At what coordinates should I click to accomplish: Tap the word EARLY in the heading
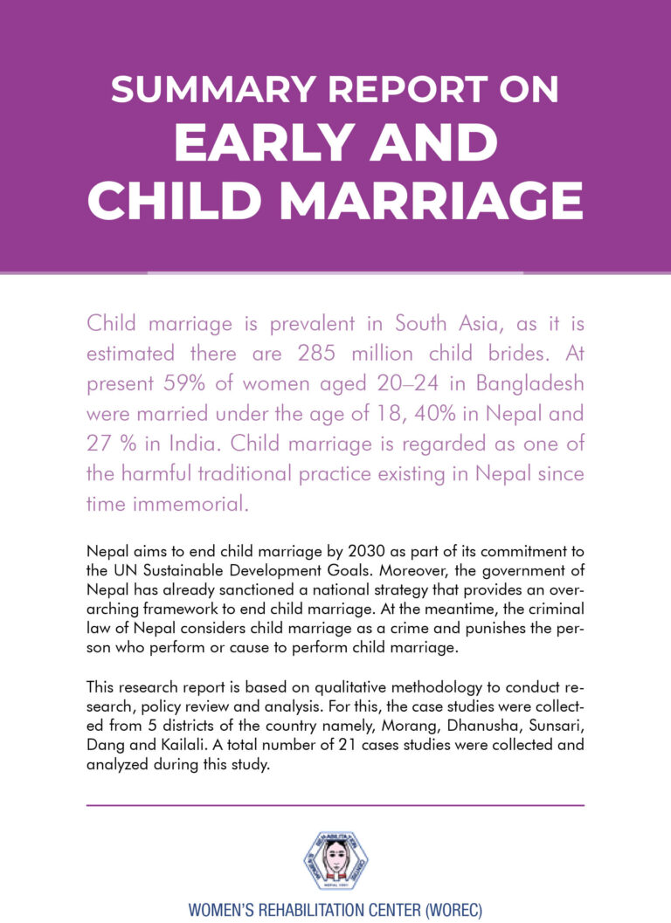pyautogui.click(x=258, y=141)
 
